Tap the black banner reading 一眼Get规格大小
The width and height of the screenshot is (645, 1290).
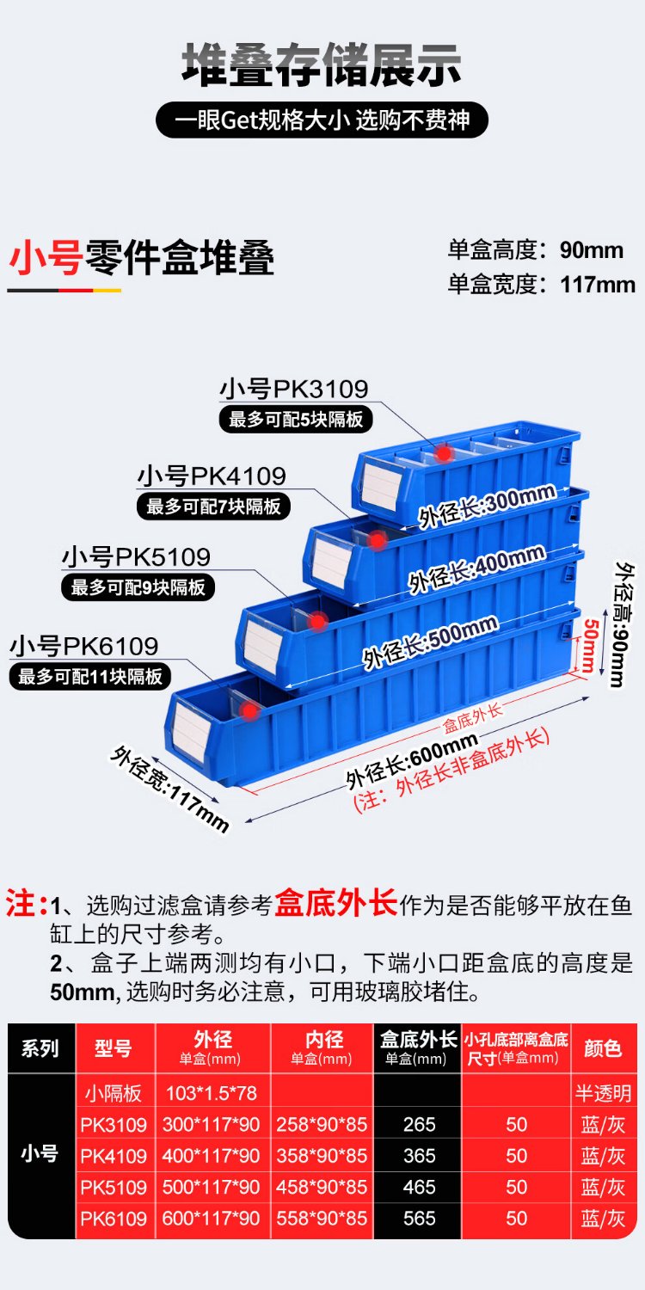pos(322,120)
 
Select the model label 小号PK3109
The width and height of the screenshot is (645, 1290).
pos(293,389)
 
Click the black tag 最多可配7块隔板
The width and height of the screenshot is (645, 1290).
pos(213,507)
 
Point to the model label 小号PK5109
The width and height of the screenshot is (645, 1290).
pos(136,556)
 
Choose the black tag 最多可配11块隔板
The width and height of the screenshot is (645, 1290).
pos(90,676)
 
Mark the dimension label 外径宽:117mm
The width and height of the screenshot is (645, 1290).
pos(170,789)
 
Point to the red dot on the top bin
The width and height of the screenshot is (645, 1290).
pos(443,451)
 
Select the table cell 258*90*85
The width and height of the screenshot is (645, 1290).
pos(322,1124)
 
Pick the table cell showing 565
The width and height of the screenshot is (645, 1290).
pos(419,1218)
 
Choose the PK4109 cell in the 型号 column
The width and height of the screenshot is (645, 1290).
pos(114,1156)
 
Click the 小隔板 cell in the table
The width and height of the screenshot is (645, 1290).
pos(114,1093)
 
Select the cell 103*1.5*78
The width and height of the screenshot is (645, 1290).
pos(211,1093)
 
